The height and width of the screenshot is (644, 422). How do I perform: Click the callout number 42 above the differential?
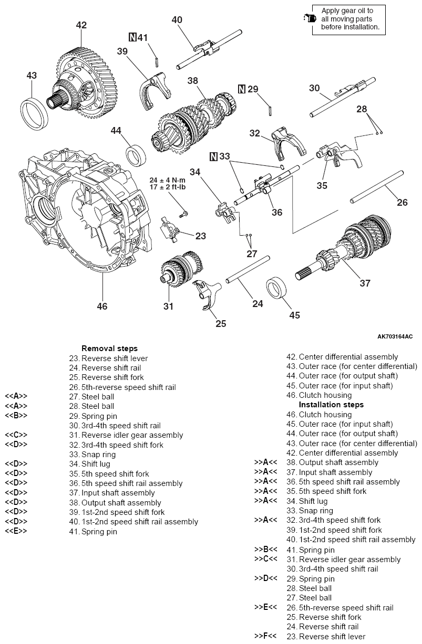point(81,25)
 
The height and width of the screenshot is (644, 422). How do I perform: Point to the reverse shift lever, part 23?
point(171,230)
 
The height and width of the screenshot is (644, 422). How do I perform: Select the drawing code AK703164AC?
point(395,336)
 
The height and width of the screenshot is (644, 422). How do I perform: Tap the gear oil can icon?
point(308,18)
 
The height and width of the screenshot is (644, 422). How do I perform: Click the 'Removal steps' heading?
point(109,349)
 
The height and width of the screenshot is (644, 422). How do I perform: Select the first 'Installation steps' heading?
point(331,405)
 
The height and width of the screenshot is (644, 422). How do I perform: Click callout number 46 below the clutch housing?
point(102,305)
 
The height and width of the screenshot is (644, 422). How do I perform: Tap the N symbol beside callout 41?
point(132,37)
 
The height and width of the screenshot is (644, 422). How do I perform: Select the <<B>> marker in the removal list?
point(16,416)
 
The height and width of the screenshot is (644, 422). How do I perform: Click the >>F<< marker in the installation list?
point(265,636)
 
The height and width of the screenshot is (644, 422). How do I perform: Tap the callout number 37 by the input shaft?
point(365,283)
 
